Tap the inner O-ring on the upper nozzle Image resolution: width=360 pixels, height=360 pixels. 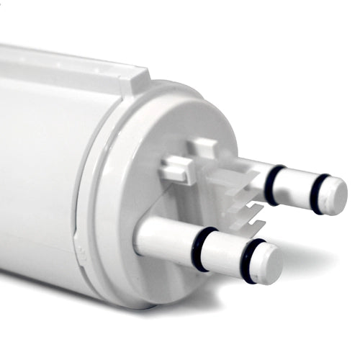pyautogui.click(x=273, y=185)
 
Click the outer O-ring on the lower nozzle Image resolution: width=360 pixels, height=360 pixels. pyautogui.click(x=249, y=261)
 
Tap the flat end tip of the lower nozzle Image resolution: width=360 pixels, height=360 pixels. pyautogui.click(x=269, y=264)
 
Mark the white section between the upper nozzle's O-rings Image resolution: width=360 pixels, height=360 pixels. pyautogui.click(x=296, y=189)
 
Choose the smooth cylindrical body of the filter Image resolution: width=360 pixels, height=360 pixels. pyautogui.click(x=36, y=166)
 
